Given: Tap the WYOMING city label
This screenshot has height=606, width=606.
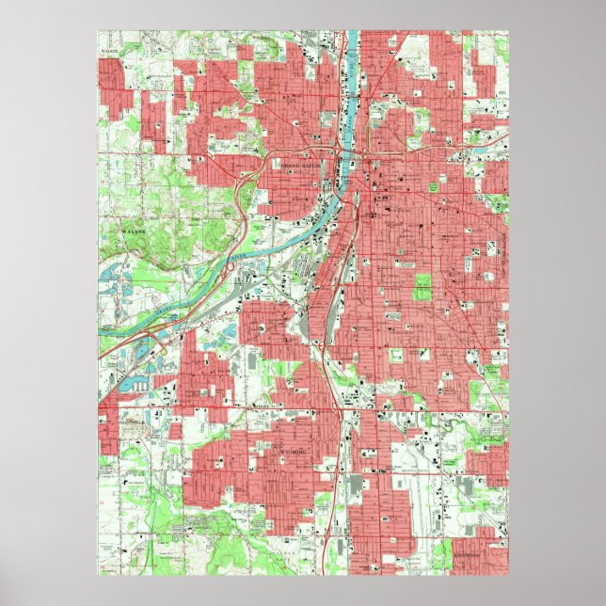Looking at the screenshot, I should (298, 452).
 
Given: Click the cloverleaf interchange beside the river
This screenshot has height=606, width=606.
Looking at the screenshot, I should (231, 269).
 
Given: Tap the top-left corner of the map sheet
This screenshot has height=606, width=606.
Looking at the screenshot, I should (98, 31).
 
